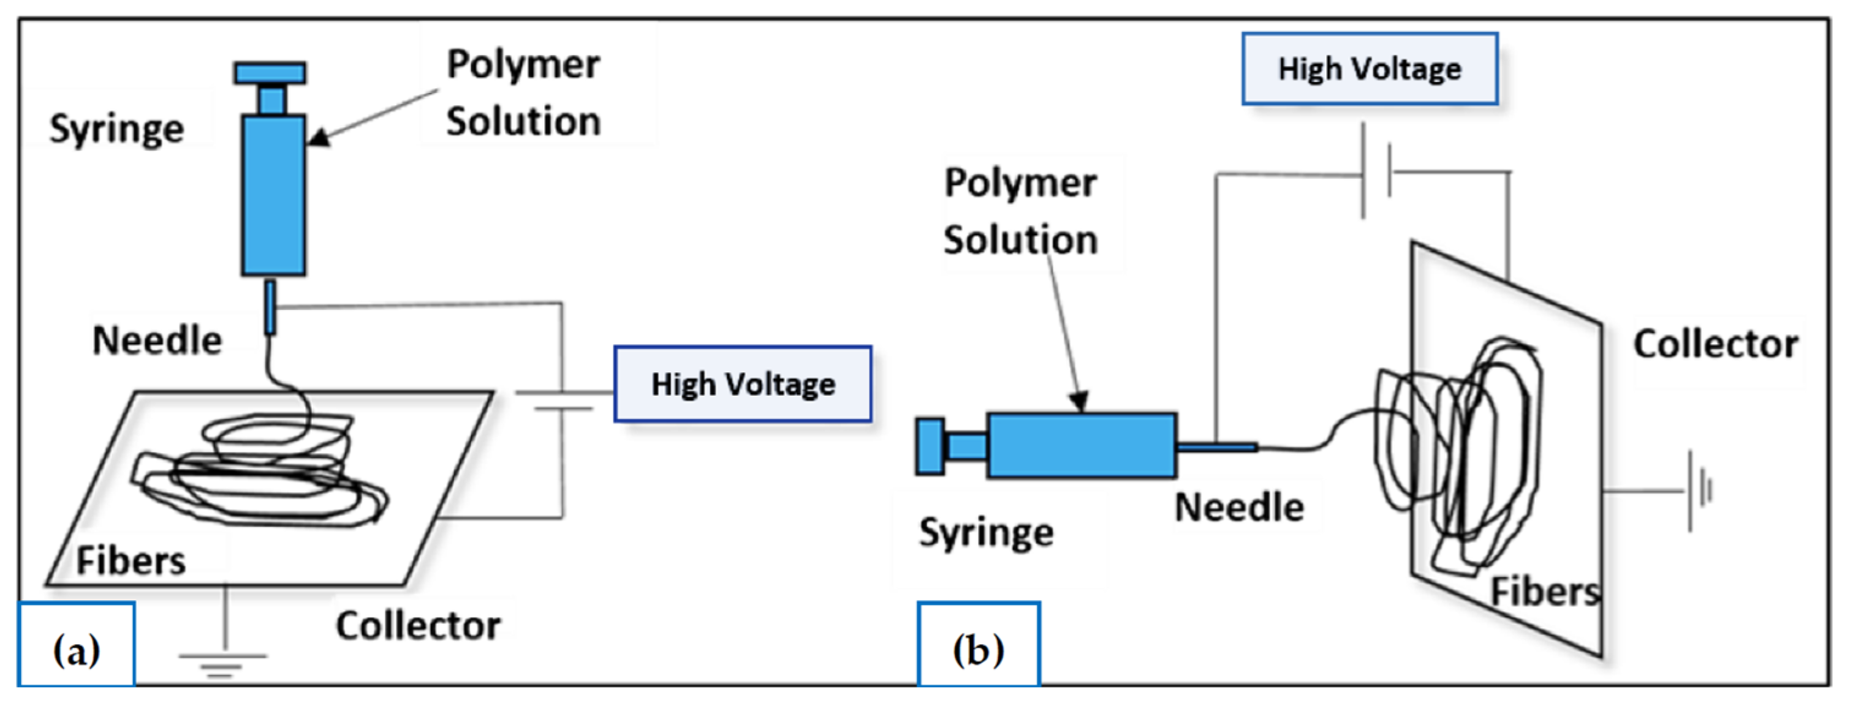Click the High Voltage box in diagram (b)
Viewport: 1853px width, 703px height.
(1370, 69)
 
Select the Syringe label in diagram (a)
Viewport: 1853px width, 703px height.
(116, 129)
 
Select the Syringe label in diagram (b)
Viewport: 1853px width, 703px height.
(985, 533)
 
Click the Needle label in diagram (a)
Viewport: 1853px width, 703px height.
(157, 340)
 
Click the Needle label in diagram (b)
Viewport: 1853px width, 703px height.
(1238, 508)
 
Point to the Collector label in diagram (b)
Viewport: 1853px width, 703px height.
(1716, 344)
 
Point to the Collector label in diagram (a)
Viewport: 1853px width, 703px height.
(418, 625)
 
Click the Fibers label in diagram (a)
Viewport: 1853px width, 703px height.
(131, 561)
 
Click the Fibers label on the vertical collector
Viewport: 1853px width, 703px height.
(1544, 592)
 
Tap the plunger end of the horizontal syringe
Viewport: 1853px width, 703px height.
(930, 446)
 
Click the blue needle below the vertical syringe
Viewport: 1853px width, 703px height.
(270, 307)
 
